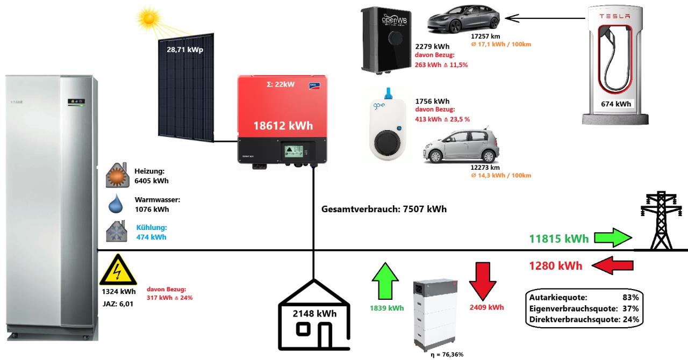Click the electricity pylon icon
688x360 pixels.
point(659,222)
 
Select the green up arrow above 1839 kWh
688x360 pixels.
point(386,281)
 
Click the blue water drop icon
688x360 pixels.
point(116,205)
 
